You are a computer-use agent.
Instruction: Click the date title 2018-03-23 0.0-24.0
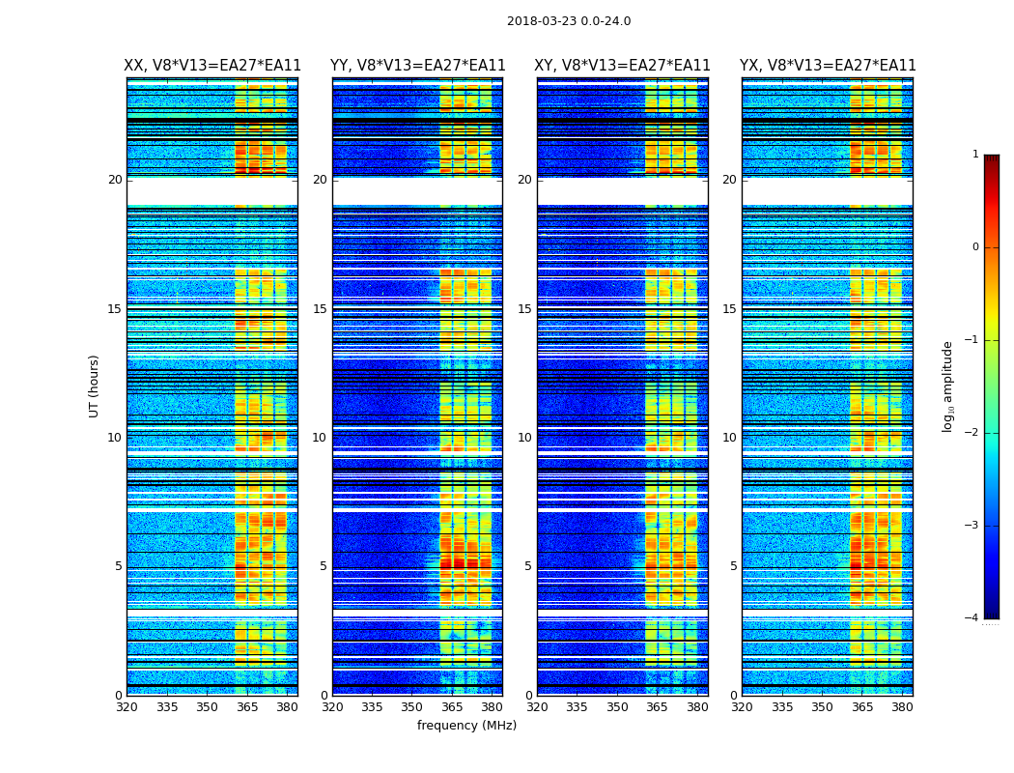point(569,21)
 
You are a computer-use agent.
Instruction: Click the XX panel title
point(212,66)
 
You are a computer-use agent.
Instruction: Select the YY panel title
point(417,66)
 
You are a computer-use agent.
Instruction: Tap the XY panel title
point(622,66)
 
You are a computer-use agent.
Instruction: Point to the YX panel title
point(828,66)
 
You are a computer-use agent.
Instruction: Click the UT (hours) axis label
point(95,386)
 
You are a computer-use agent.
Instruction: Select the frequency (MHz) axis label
point(466,726)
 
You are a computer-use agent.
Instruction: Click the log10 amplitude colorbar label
point(948,386)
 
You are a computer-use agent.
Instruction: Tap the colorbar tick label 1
point(975,155)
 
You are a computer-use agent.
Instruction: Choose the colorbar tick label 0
point(975,247)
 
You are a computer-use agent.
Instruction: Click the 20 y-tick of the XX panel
point(115,180)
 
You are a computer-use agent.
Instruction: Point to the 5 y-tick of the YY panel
point(324,566)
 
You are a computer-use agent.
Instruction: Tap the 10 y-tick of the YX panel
point(729,438)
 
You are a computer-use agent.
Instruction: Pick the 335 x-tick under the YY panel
point(373,706)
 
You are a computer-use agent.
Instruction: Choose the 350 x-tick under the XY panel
point(617,706)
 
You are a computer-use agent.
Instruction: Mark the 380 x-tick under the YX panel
point(902,706)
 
